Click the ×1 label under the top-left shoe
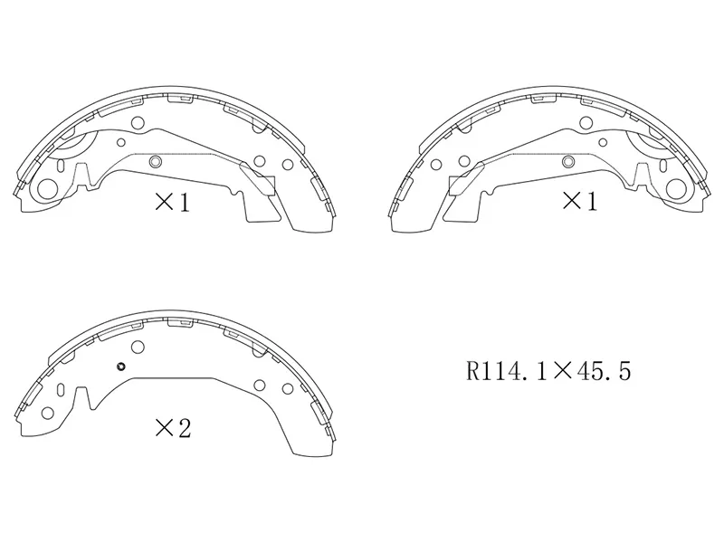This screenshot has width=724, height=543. coord(172,203)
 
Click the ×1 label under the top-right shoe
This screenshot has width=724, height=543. coord(579,201)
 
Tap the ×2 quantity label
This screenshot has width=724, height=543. coord(173,428)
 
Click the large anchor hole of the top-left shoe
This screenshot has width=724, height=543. coord(48,188)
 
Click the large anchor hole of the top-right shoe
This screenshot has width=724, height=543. coord(676,188)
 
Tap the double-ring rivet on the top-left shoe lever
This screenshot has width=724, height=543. coord(156,161)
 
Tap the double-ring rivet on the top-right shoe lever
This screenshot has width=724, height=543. coord(568,161)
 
